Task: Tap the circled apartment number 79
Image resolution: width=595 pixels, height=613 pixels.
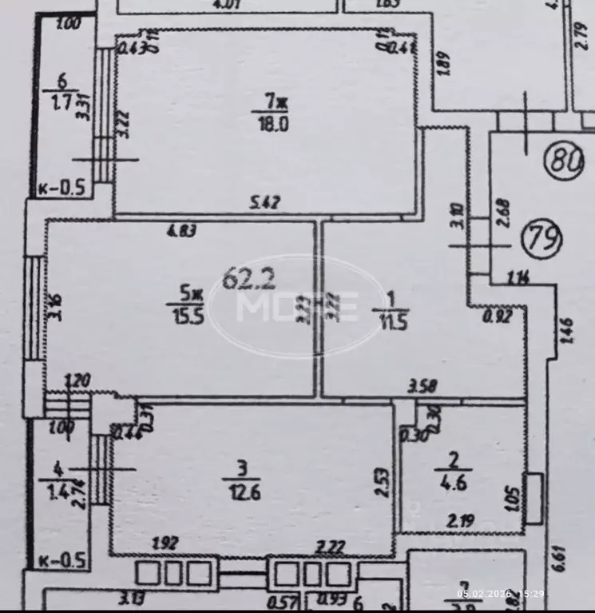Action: pyautogui.click(x=542, y=237)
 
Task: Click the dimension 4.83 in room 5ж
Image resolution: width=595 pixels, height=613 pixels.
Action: pyautogui.click(x=182, y=233)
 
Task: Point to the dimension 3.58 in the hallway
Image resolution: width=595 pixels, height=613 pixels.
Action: pyautogui.click(x=423, y=388)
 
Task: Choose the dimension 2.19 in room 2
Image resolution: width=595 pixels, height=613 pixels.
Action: pyautogui.click(x=458, y=522)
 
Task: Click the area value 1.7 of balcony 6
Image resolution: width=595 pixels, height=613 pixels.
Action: pyautogui.click(x=60, y=102)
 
